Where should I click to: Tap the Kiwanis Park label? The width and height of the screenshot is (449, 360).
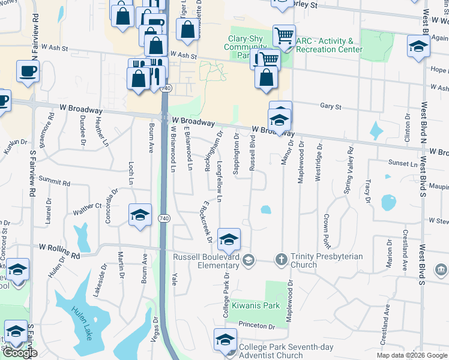[x=256, y=305]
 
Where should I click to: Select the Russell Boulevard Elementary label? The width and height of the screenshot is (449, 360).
[x=206, y=261]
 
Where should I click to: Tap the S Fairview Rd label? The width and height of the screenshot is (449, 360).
[x=32, y=173]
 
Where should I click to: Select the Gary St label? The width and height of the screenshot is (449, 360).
[x=330, y=107]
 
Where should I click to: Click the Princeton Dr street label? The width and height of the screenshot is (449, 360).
[x=256, y=326]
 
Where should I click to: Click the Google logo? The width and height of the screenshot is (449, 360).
[x=20, y=353]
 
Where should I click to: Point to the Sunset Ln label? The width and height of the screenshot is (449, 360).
[x=403, y=163]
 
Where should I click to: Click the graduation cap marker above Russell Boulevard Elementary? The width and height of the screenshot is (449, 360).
[x=229, y=240]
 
